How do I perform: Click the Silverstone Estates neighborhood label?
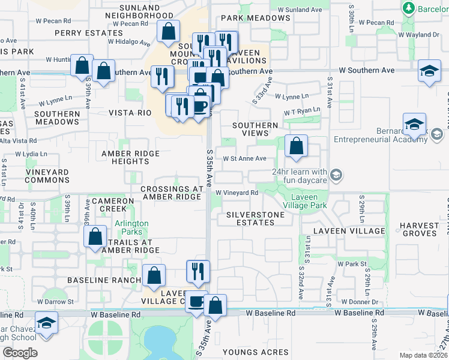[x=250, y=218]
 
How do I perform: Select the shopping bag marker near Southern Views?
[x=296, y=146]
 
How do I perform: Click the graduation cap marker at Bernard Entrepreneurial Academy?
[x=414, y=125]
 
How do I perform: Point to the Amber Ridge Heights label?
[x=130, y=158]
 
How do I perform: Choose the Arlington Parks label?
[x=132, y=228]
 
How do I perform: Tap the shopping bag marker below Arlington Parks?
[x=95, y=237]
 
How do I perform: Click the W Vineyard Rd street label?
[x=237, y=193]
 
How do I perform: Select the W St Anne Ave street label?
[x=244, y=159]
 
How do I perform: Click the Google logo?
[x=20, y=352]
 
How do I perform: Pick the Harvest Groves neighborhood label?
[x=420, y=230]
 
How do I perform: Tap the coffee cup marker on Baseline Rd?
[x=196, y=302]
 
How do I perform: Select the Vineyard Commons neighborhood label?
[x=39, y=176]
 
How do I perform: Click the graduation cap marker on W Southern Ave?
[x=429, y=71]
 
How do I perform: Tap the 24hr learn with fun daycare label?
[x=299, y=176]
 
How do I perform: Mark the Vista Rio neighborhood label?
[x=129, y=113]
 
